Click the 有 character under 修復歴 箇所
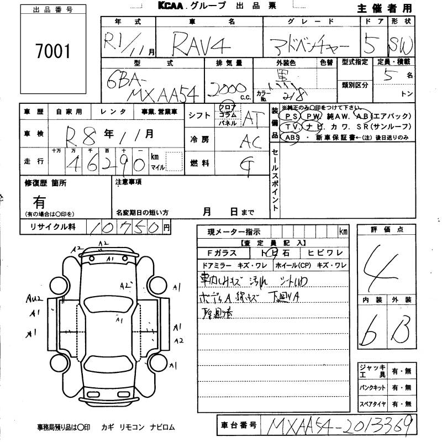pos(40,202)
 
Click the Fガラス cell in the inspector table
pos(222,252)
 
